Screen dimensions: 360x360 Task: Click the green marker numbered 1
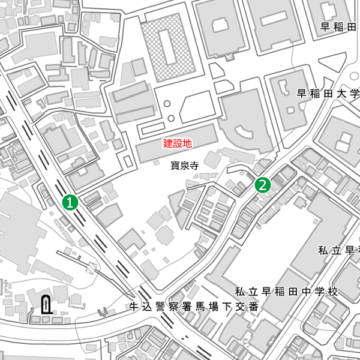71,202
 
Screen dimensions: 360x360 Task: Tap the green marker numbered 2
263,185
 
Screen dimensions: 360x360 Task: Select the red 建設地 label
178,144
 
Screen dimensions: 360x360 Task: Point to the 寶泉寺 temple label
184,166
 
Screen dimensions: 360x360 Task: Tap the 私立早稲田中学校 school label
286,292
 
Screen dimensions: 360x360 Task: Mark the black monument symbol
46,306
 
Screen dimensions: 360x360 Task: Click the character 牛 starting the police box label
134,307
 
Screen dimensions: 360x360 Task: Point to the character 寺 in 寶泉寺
194,166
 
